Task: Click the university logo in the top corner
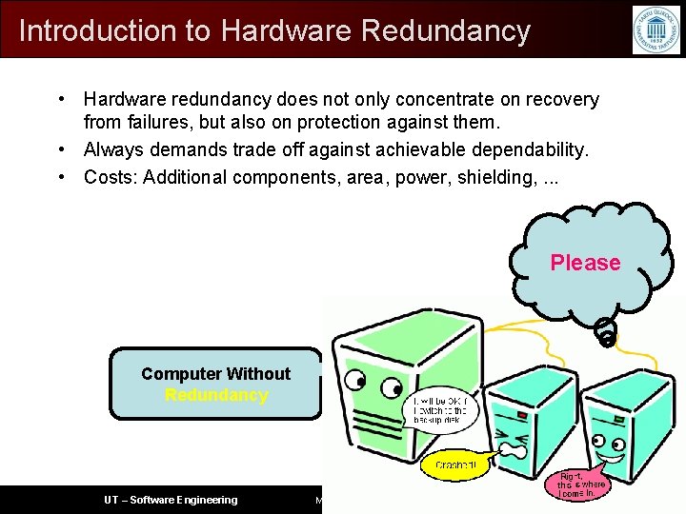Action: click(x=656, y=29)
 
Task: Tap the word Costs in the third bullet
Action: click(x=110, y=177)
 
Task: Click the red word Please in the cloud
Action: click(x=585, y=263)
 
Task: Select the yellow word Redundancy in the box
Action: click(x=216, y=395)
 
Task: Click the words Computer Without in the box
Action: click(x=216, y=374)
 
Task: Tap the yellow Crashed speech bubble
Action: click(x=455, y=465)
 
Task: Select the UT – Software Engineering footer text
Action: click(x=171, y=500)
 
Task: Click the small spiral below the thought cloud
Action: click(x=606, y=331)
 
